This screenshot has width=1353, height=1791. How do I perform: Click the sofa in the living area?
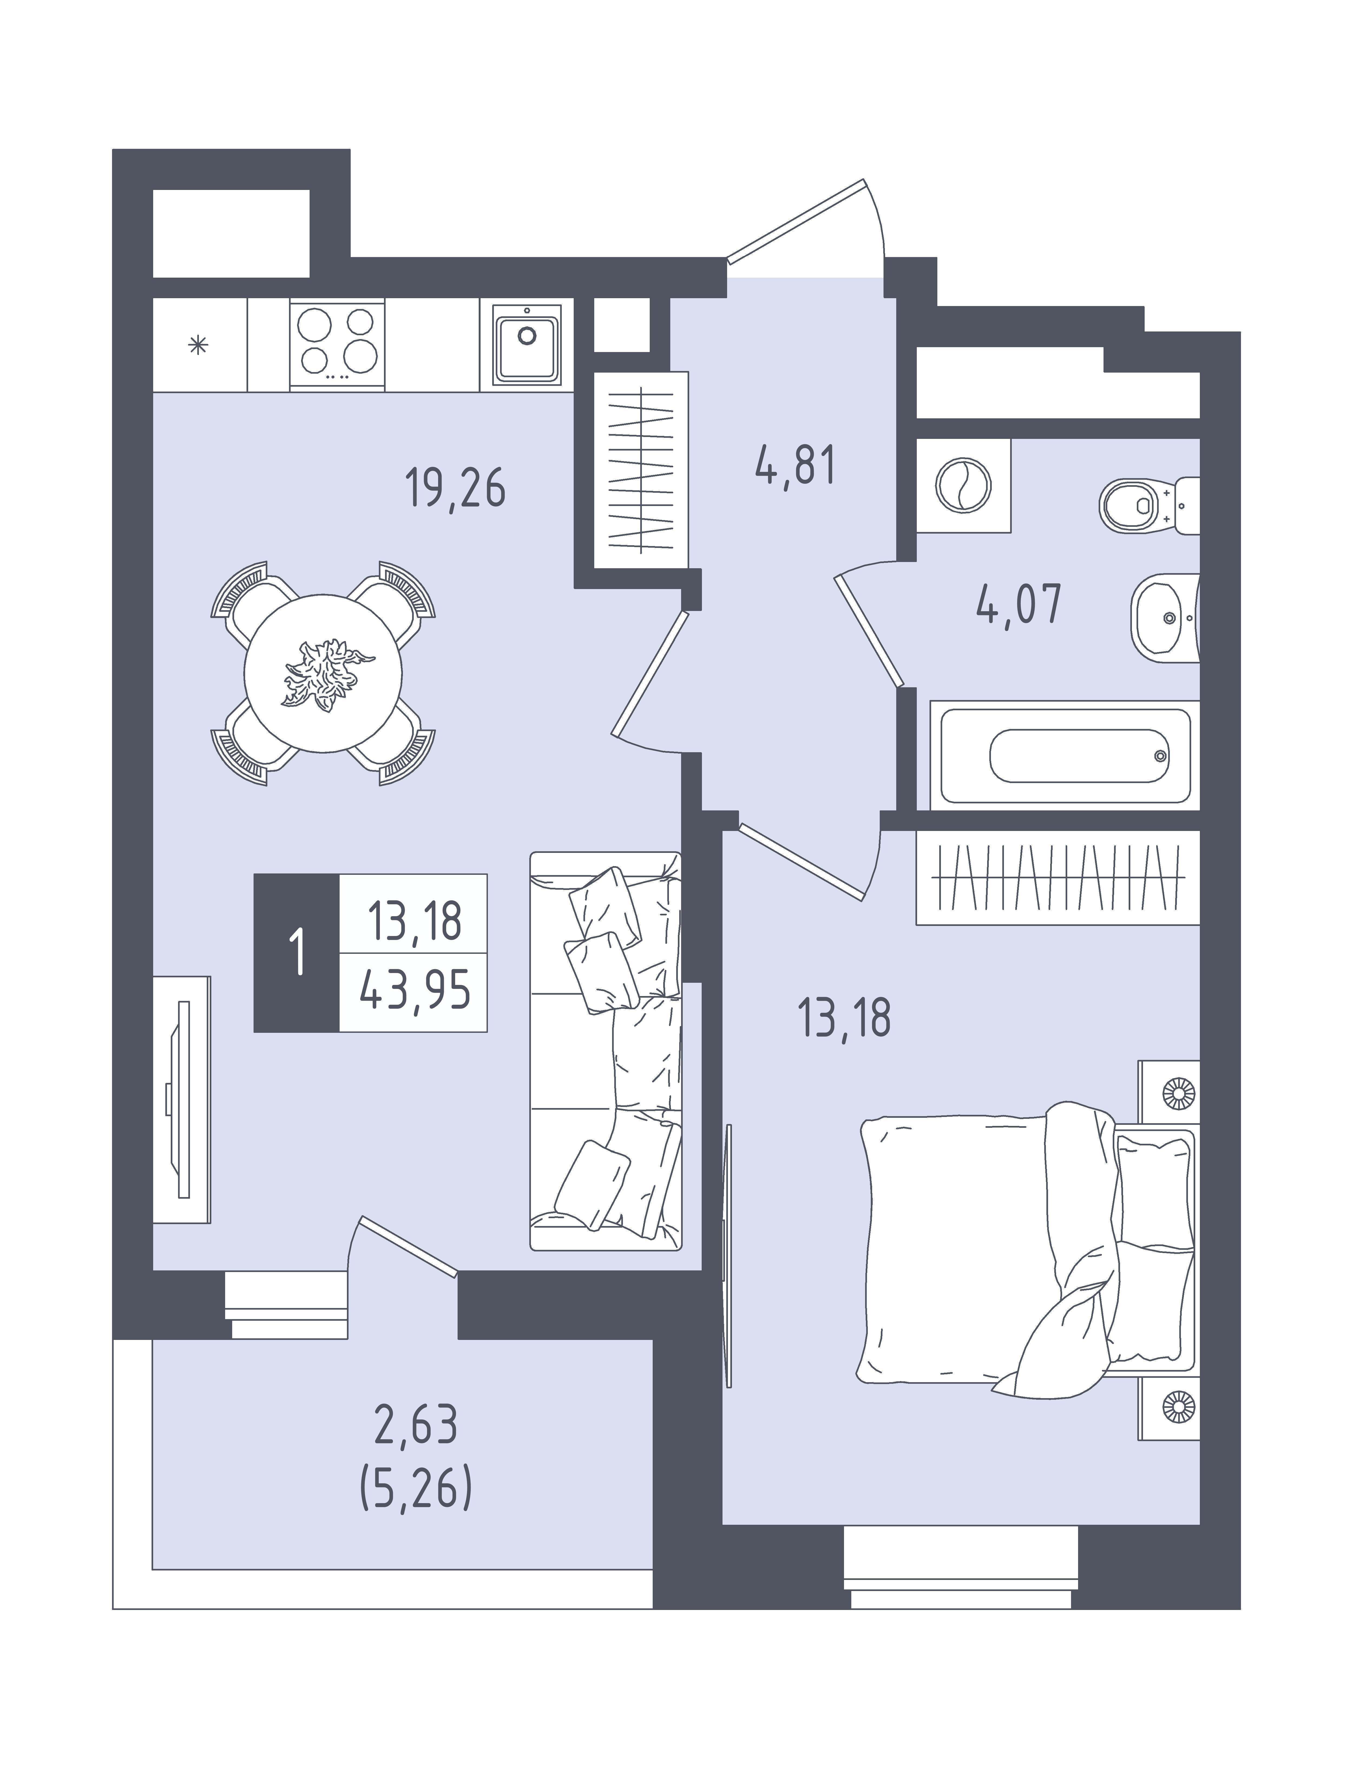pyautogui.click(x=606, y=1051)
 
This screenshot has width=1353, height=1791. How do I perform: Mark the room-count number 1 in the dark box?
pyautogui.click(x=297, y=953)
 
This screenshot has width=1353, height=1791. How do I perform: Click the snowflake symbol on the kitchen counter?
pyautogui.click(x=198, y=346)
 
